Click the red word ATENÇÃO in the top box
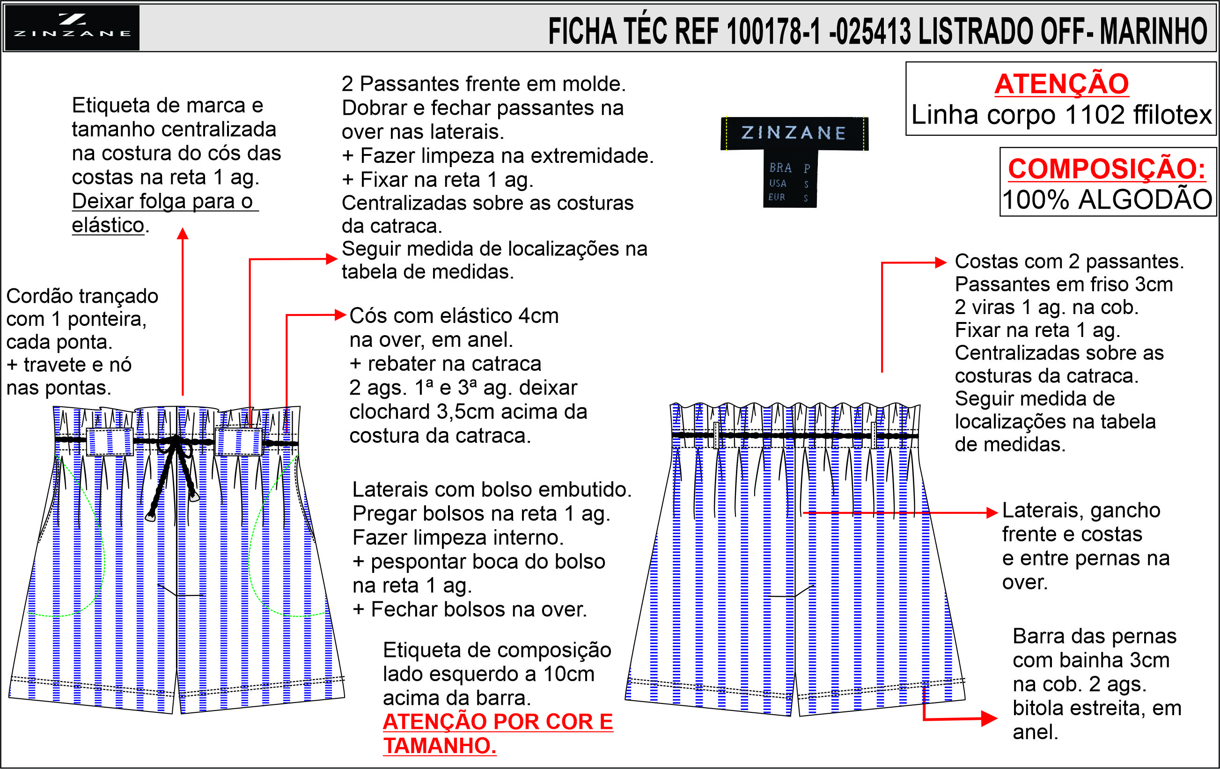[x=1061, y=84]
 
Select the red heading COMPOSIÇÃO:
[x=1107, y=168]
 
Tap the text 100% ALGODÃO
[x=1107, y=199]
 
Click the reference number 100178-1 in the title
[x=773, y=31]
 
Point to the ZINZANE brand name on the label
[x=794, y=133]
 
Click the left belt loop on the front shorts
[x=110, y=442]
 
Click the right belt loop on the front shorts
[x=239, y=441]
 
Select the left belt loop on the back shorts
[x=716, y=435]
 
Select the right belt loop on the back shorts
[x=874, y=435]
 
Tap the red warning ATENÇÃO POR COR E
[x=498, y=722]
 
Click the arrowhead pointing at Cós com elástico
[x=340, y=315]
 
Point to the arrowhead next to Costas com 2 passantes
[x=941, y=263]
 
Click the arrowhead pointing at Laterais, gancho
[x=992, y=513]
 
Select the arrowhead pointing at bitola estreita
[x=989, y=718]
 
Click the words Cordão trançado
[x=82, y=296]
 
